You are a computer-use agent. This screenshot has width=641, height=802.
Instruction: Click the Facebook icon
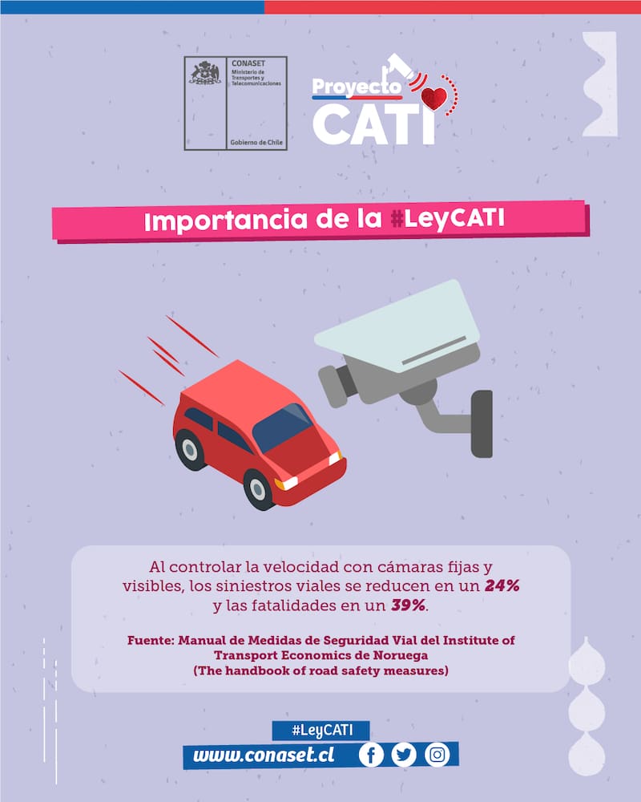[x=371, y=755]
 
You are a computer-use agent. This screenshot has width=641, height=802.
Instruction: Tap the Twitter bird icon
[x=404, y=755]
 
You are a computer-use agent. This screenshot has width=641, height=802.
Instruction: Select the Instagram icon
[x=437, y=755]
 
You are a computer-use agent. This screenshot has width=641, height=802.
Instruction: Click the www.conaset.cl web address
[x=264, y=755]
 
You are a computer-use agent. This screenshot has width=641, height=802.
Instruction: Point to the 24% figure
[x=502, y=585]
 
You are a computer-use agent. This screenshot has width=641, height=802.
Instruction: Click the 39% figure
[x=409, y=605]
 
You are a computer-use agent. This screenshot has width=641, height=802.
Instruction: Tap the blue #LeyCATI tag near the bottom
[x=322, y=730]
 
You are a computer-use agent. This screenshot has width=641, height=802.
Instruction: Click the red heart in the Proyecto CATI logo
[x=434, y=98]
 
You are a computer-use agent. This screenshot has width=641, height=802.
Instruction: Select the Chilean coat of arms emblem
[x=205, y=73]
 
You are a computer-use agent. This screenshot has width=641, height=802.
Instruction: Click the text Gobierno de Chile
[x=256, y=142]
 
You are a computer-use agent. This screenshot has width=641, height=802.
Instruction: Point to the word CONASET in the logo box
[x=248, y=63]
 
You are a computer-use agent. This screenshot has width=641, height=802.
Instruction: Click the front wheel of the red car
[x=259, y=489]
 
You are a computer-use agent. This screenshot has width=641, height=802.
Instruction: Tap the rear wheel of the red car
[x=191, y=450]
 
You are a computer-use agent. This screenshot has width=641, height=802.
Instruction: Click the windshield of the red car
[x=282, y=427]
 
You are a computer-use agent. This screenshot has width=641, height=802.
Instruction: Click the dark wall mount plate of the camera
[x=482, y=424]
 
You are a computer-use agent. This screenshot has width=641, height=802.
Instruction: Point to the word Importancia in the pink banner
[x=225, y=220]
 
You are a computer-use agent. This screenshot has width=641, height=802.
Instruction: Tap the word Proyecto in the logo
[x=357, y=87]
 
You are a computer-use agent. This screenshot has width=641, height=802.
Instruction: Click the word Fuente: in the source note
[x=151, y=640]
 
